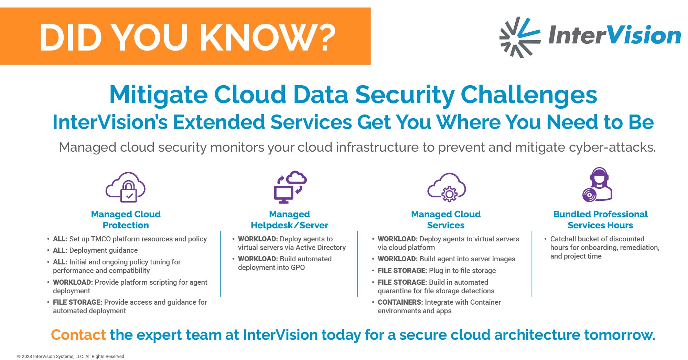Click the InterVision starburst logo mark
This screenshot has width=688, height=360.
point(519,37)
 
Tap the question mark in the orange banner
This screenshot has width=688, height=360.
point(324,37)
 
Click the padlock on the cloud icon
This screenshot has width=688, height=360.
point(129,192)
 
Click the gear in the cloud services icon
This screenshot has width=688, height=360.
point(449,194)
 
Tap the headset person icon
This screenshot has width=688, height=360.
point(597,184)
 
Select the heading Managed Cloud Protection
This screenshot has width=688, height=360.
point(126,220)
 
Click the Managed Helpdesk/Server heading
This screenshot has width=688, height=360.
point(289,220)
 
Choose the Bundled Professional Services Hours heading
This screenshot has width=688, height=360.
point(600,220)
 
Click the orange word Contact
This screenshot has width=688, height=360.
point(78,335)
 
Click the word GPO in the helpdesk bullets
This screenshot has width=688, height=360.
point(298,268)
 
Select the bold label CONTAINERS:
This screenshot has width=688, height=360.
point(400,302)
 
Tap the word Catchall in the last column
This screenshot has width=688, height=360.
point(563,239)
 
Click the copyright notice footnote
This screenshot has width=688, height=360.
point(71,357)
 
